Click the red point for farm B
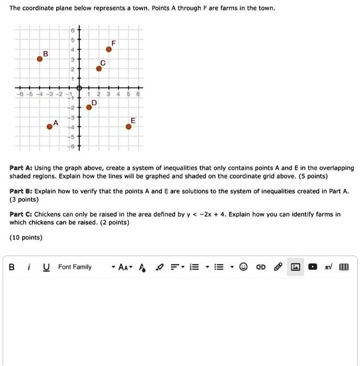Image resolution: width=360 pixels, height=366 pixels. pyautogui.click(x=39, y=59)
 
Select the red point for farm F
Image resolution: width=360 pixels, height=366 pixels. pyautogui.click(x=109, y=49)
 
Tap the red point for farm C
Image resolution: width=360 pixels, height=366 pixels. pyautogui.click(x=98, y=68)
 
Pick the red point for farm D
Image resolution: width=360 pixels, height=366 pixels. pyautogui.click(x=89, y=107)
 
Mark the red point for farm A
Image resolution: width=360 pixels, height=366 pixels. pyautogui.click(x=49, y=126)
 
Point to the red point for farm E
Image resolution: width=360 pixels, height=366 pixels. pyautogui.click(x=128, y=126)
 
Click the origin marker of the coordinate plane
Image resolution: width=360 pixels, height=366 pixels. pyautogui.click(x=79, y=88)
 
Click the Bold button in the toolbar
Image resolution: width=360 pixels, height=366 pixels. pyautogui.click(x=12, y=267)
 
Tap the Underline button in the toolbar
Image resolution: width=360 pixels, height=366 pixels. pyautogui.click(x=46, y=267)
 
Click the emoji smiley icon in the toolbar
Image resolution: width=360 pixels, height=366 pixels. pyautogui.click(x=243, y=267)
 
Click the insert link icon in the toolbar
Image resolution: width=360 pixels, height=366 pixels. pyautogui.click(x=260, y=267)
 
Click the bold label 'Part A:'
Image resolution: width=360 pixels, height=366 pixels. pyautogui.click(x=22, y=168)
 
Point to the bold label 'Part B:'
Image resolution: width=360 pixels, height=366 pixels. pyautogui.click(x=22, y=192)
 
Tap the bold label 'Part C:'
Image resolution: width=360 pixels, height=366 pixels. pyautogui.click(x=22, y=215)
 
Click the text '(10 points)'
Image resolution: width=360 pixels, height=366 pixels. pyautogui.click(x=26, y=238)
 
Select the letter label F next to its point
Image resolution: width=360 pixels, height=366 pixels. pyautogui.click(x=112, y=42)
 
